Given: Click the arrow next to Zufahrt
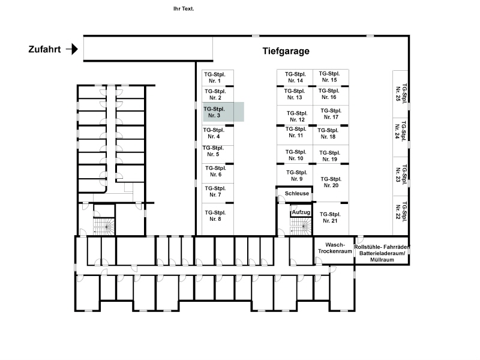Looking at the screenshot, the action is [72, 49].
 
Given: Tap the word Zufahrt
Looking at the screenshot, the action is [44, 49].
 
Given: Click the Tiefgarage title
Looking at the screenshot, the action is [286, 51].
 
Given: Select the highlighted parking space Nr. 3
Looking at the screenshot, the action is [223, 112].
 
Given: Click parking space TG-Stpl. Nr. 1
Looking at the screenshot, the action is [218, 78].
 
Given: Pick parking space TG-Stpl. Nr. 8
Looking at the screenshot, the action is [218, 219].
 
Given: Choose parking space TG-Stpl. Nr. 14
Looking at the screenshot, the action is [295, 77].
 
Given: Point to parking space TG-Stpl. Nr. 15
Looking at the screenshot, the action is [331, 77].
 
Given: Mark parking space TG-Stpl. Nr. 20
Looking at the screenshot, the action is [331, 183].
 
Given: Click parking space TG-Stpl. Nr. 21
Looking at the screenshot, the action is [331, 218].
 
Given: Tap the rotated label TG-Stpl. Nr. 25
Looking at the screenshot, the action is [401, 94].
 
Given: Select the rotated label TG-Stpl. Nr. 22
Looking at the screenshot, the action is [401, 212].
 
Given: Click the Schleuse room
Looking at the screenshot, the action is [295, 194].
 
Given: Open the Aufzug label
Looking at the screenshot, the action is [301, 212].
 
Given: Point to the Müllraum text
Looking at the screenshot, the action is [382, 260].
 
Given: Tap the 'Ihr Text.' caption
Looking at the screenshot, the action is [184, 9].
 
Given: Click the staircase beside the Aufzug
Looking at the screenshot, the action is [301, 226].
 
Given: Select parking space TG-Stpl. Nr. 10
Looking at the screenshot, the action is [295, 155].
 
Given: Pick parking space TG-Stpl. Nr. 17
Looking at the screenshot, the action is [331, 115].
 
